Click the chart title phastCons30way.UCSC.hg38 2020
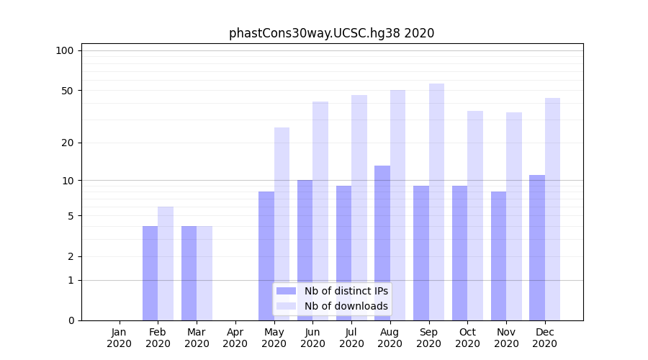331,33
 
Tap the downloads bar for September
436,202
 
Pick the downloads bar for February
166,264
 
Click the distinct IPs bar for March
189,273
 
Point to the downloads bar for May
282,224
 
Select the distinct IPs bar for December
537,248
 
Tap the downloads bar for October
475,215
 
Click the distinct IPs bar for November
498,256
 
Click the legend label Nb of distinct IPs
346,291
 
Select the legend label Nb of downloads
346,306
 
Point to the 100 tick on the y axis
65,50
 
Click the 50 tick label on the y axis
68,91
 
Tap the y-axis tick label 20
68,143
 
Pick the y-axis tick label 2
71,256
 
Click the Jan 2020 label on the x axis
120,338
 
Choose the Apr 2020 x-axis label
235,338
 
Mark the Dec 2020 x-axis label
544,338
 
